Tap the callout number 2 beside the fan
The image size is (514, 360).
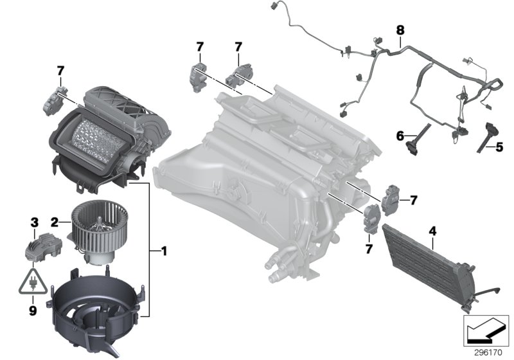[56, 222]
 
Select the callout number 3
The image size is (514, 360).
[35, 222]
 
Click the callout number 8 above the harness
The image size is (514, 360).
[401, 30]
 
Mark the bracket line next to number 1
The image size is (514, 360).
[150, 251]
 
